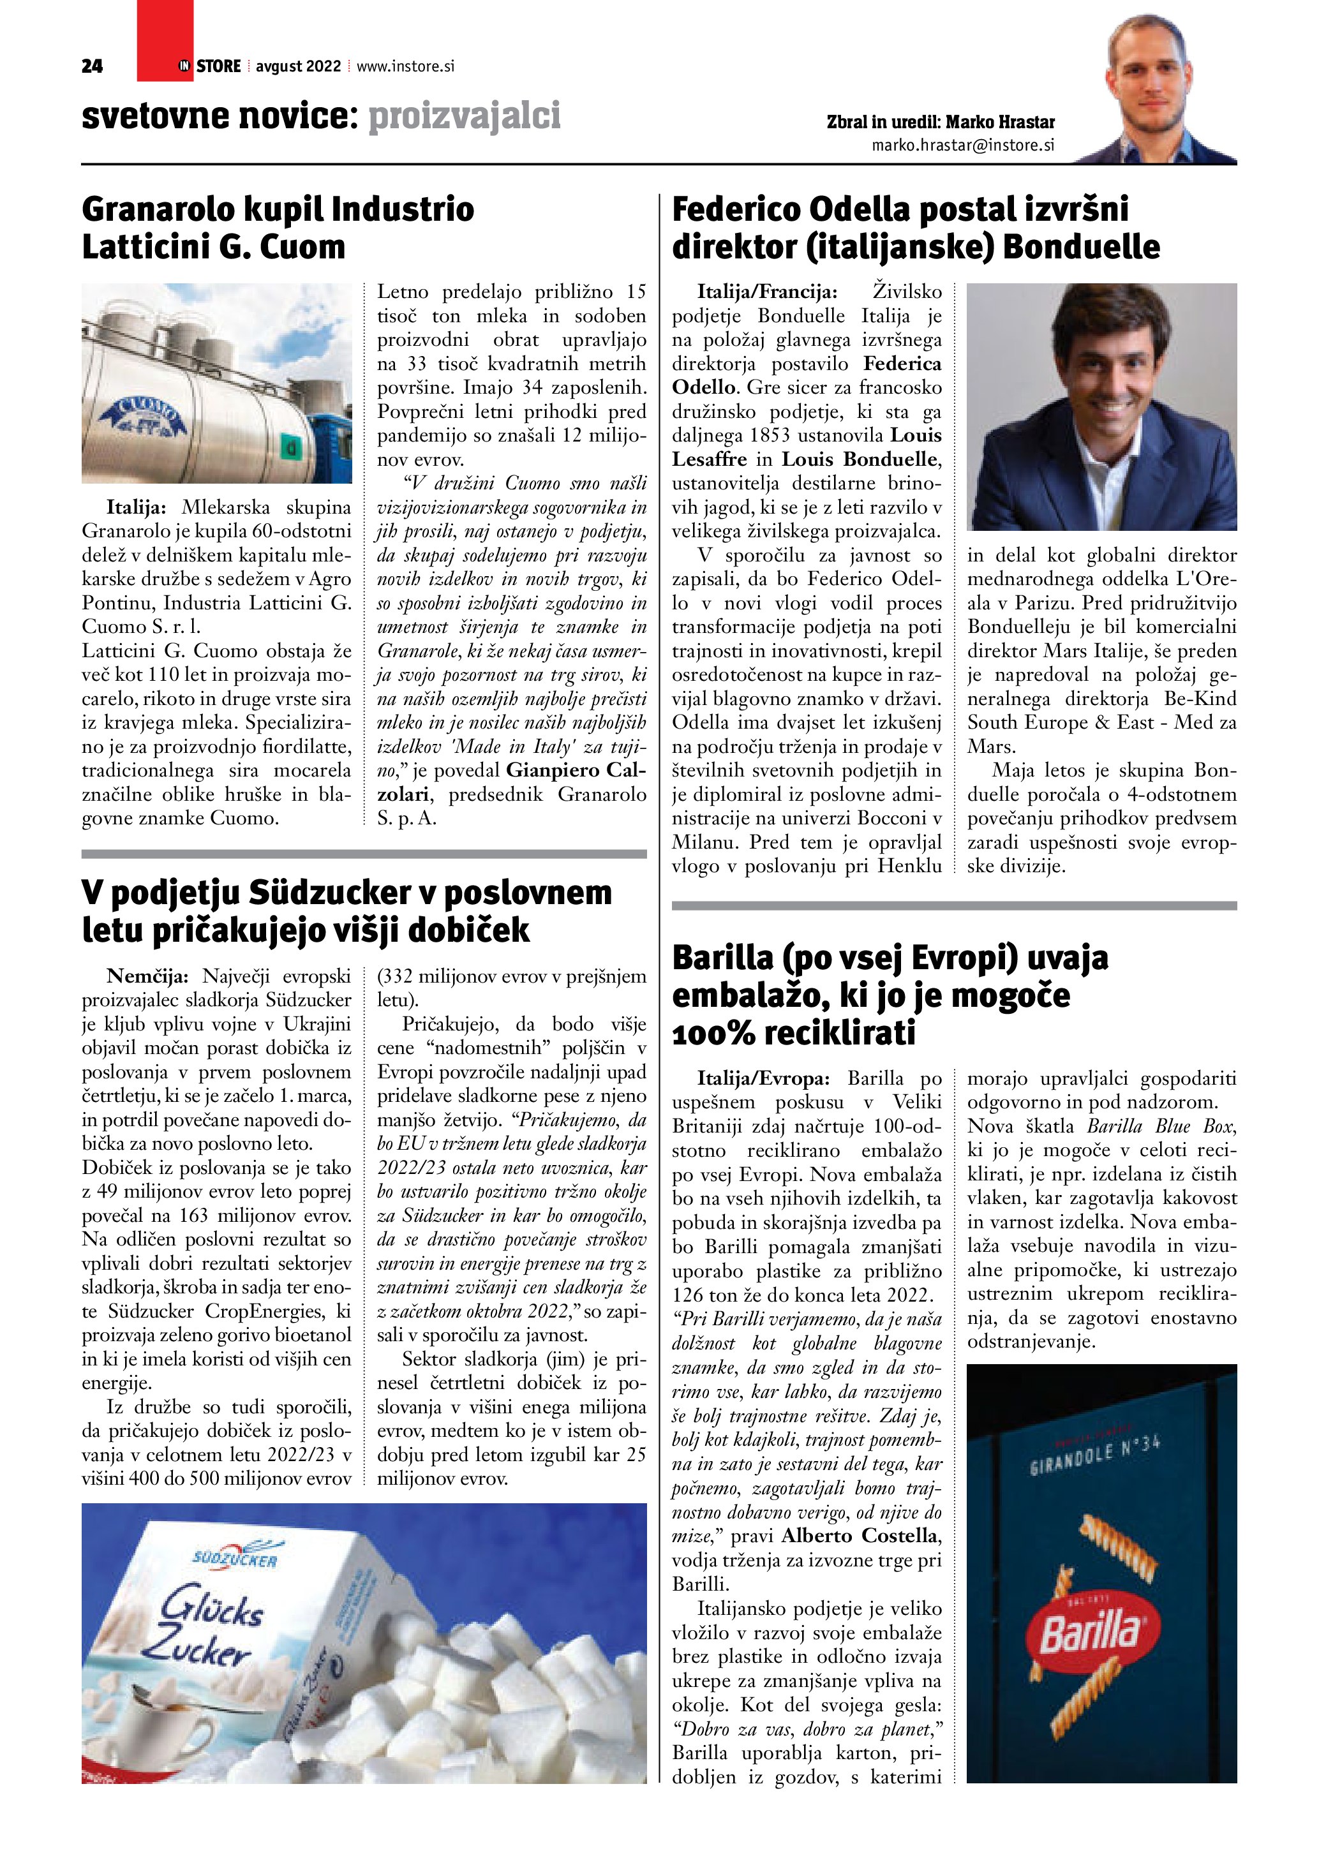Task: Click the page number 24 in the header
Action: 92,66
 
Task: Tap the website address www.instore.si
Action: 405,66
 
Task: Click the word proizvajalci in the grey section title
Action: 465,116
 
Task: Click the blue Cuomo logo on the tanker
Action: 142,420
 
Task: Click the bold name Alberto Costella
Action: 860,1535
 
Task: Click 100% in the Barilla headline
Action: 715,1033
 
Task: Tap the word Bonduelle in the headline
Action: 1080,247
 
